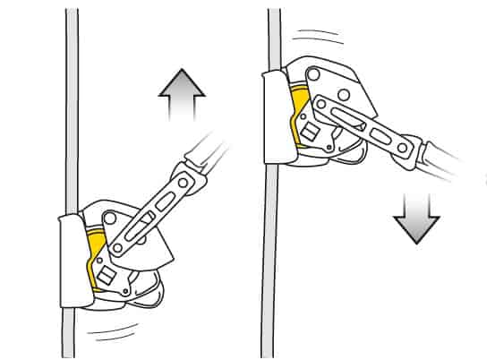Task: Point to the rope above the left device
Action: [x=71, y=107]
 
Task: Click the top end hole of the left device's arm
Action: [x=185, y=182]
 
